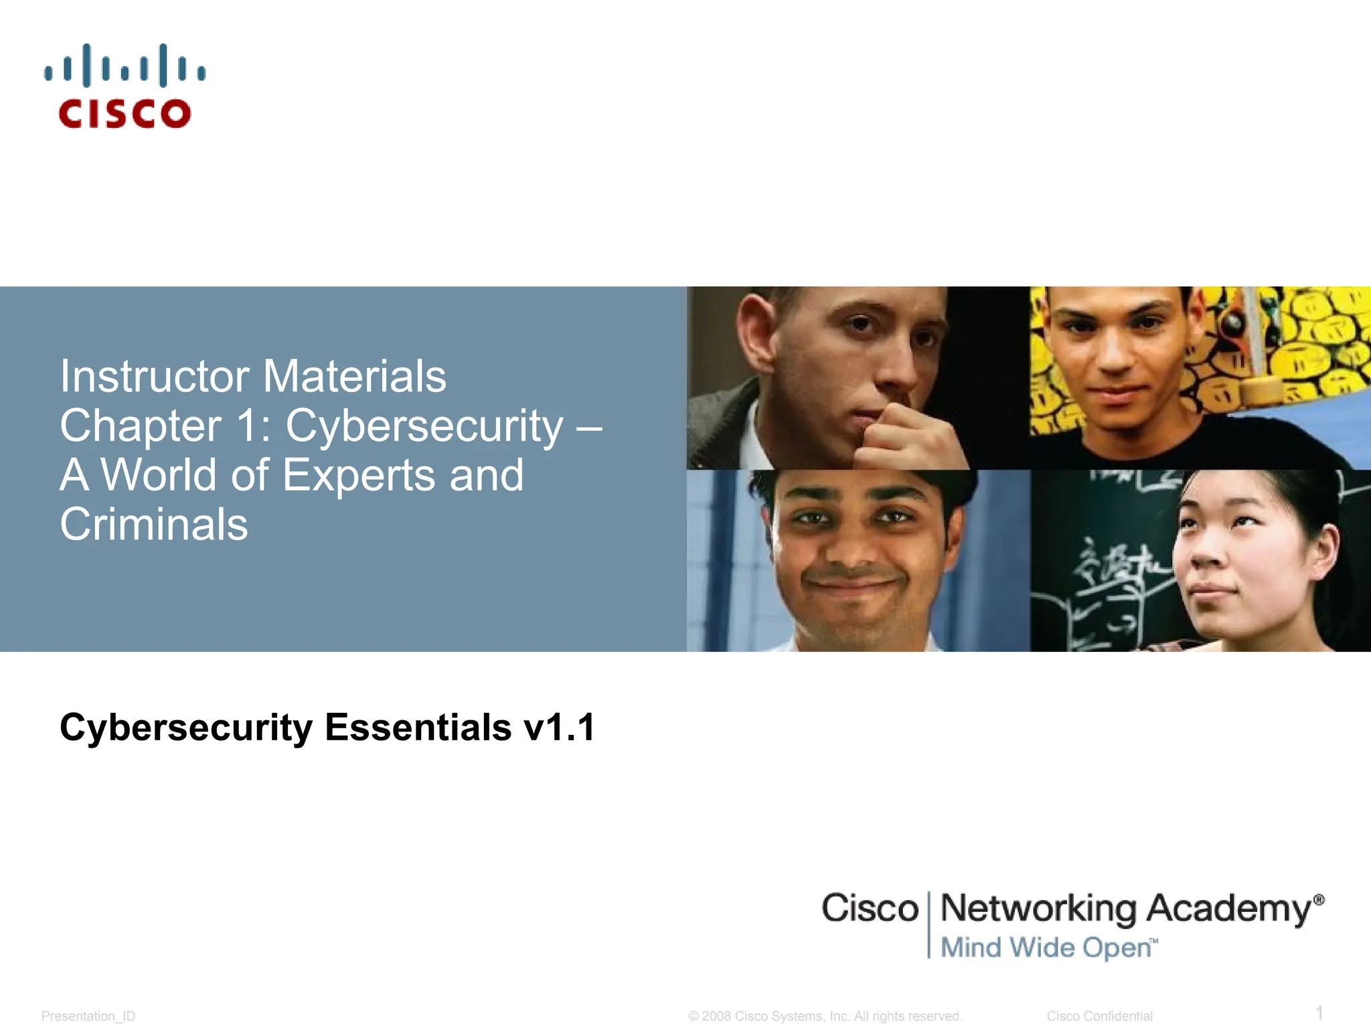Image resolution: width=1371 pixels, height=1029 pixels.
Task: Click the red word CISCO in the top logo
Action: (125, 114)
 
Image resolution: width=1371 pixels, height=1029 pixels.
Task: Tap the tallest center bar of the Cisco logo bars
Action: (125, 66)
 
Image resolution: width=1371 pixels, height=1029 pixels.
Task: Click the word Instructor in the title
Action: (155, 376)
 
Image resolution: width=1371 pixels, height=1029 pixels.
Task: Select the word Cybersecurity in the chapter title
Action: (424, 426)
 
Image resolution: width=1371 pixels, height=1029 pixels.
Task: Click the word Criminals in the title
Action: (154, 525)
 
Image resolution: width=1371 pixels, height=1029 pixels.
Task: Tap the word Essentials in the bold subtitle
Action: (418, 728)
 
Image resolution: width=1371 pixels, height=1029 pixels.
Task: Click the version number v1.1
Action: (560, 728)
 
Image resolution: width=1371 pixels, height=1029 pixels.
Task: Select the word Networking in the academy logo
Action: (1038, 909)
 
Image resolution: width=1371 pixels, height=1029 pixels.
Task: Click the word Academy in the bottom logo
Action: (1229, 909)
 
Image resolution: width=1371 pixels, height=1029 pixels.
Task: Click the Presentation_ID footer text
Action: (88, 1016)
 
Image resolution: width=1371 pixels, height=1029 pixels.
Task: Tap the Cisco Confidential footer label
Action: (1099, 1016)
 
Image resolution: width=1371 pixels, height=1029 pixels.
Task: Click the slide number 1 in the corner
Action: (1319, 1012)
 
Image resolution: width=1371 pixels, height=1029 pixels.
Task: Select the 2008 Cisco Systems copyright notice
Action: (825, 1016)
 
